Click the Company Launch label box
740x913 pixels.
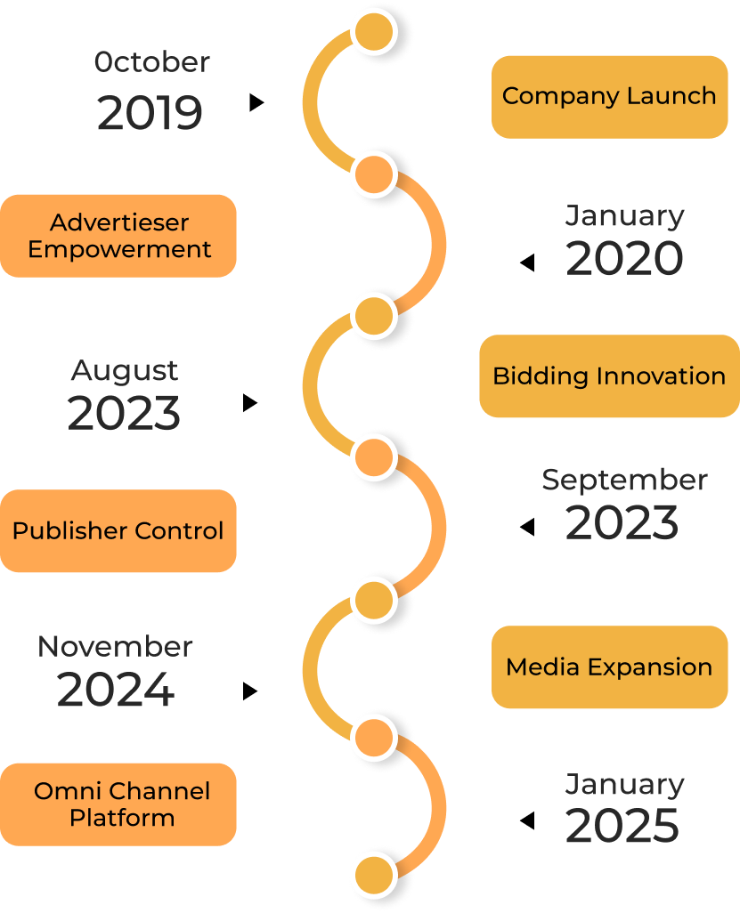coord(609,96)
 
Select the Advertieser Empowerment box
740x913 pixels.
coord(118,236)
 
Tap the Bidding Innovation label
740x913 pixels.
coord(609,376)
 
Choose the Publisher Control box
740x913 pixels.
coord(118,531)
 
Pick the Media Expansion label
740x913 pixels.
coord(609,667)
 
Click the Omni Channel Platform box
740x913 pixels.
coord(118,804)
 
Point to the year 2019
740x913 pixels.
coord(150,114)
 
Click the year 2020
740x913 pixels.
coord(624,259)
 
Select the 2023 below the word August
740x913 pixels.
coord(125,414)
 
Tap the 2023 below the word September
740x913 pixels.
coord(622,522)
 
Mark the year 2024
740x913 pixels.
coord(116,691)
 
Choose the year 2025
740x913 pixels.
coord(622,827)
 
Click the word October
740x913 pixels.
coord(152,62)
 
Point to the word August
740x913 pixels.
coord(125,370)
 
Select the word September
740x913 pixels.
coord(624,480)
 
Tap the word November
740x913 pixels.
coord(116,646)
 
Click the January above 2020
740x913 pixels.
coord(624,215)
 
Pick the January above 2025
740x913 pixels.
coord(624,784)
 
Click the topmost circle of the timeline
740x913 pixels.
coord(373,33)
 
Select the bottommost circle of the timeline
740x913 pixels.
coord(373,874)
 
